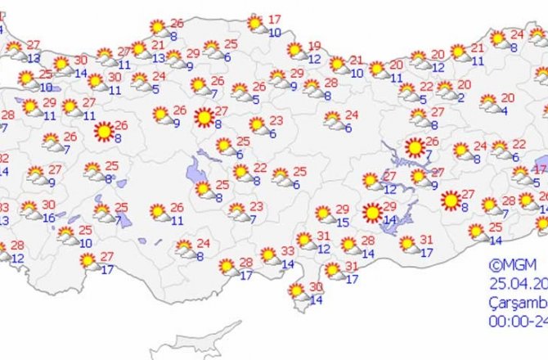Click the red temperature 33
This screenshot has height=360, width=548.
click(x=288, y=251)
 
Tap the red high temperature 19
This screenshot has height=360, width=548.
click(x=315, y=46)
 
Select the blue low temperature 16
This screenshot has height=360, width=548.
click(x=49, y=218)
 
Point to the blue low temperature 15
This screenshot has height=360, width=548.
click(x=344, y=222)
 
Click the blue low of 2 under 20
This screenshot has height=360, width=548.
click(x=461, y=97)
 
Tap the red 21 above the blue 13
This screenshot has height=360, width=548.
click(x=158, y=46)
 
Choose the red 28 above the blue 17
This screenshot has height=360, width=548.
click(x=245, y=262)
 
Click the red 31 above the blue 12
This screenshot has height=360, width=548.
click(x=323, y=236)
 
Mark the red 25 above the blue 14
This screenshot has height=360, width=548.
click(x=496, y=227)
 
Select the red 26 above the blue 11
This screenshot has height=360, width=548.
click(x=177, y=208)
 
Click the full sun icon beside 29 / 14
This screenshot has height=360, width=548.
click(x=372, y=214)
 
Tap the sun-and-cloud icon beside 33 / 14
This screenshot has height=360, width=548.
click(x=268, y=255)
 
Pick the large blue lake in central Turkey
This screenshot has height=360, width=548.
click(x=197, y=172)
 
